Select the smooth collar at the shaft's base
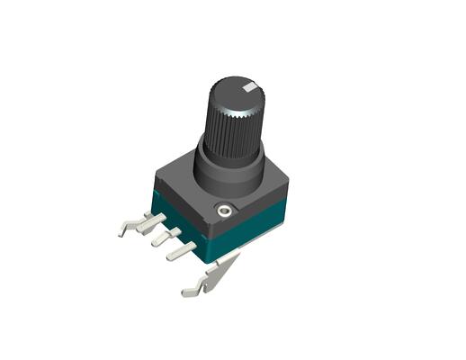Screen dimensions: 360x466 tap(229, 171)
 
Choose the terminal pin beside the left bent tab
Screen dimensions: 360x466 tap(149, 222)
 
